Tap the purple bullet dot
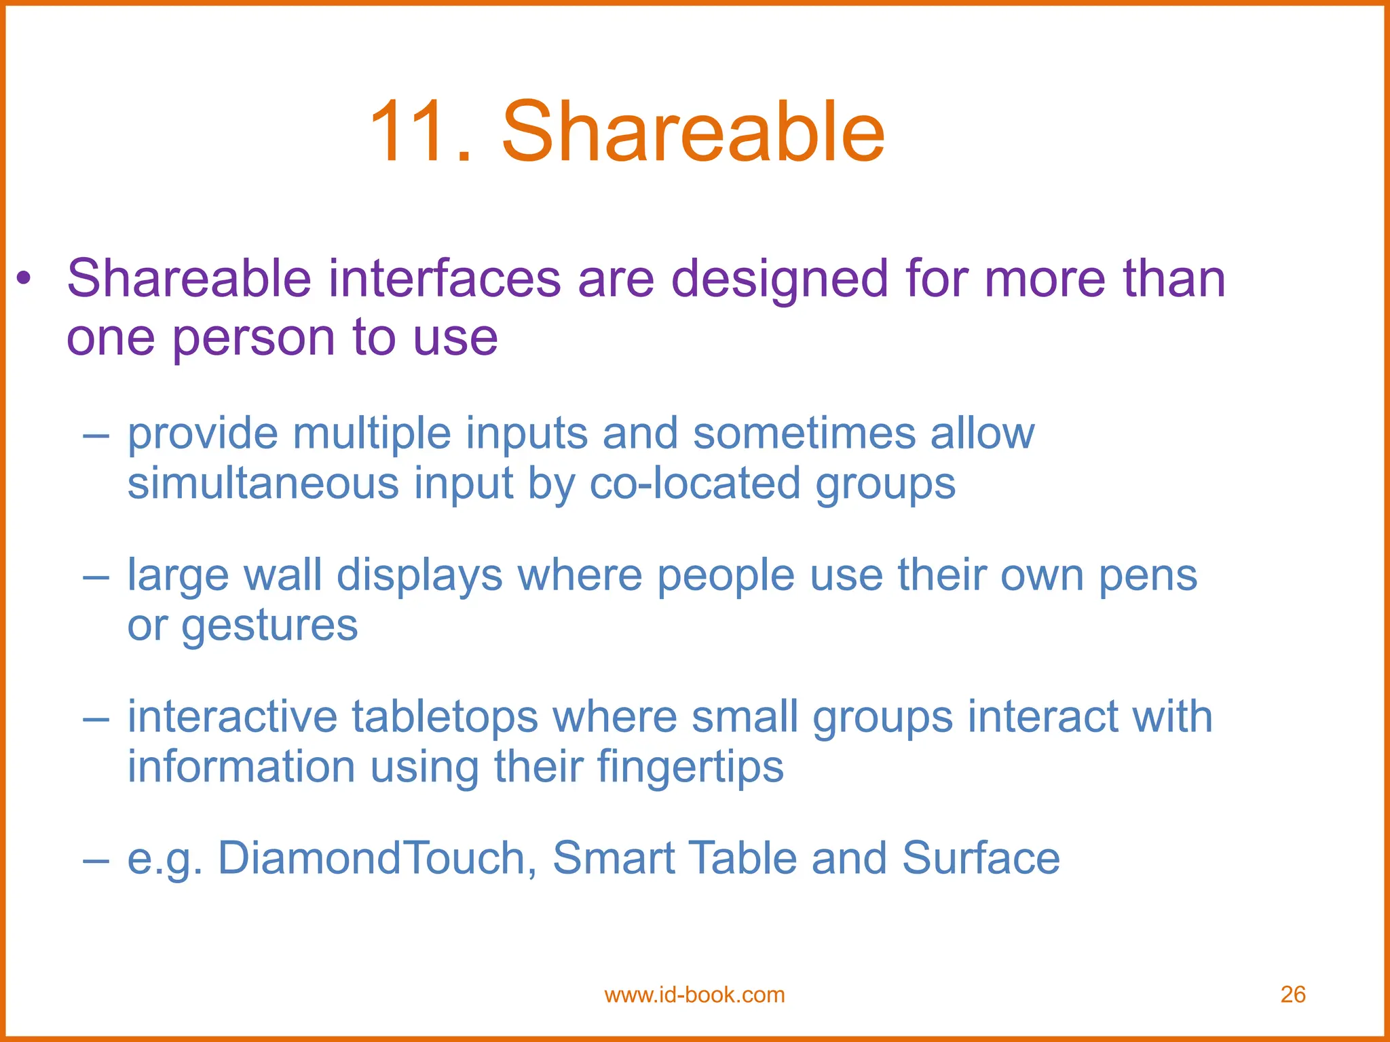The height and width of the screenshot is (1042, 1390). pyautogui.click(x=24, y=277)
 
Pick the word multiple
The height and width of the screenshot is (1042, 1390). pyautogui.click(x=372, y=434)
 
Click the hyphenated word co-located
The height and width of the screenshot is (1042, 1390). pyautogui.click(x=694, y=484)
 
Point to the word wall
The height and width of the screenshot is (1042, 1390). pyautogui.click(x=282, y=575)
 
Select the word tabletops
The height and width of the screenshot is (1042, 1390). pyautogui.click(x=445, y=717)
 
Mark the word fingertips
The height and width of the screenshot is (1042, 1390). pyautogui.click(x=690, y=768)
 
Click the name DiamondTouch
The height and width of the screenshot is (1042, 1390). pyautogui.click(x=373, y=857)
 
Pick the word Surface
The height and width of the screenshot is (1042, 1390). pyautogui.click(x=981, y=857)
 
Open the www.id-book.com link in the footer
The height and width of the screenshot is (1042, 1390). pyautogui.click(x=694, y=995)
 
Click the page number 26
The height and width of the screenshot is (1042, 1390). pyautogui.click(x=1293, y=995)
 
